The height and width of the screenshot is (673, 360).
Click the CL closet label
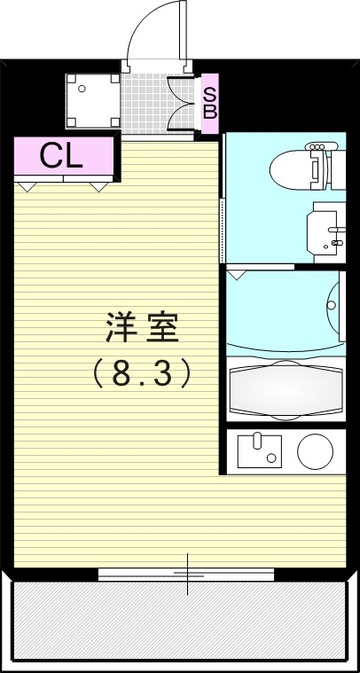61,156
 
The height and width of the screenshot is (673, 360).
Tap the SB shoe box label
210,102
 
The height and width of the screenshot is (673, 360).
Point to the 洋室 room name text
144,329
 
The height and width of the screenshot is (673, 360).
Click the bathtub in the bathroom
285,387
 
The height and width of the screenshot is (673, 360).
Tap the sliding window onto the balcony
187,575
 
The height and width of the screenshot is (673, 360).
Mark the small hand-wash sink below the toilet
325,232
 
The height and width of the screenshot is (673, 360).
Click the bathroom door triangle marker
238,276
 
